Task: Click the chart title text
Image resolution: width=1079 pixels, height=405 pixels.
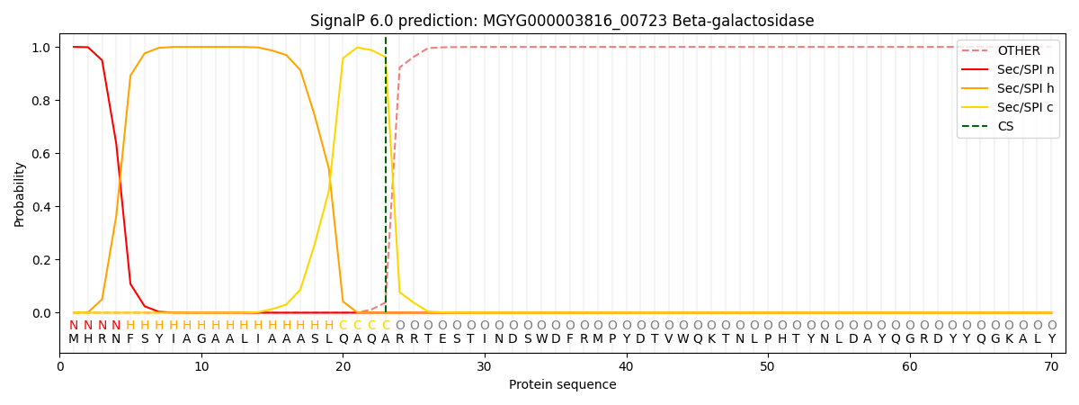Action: click(562, 21)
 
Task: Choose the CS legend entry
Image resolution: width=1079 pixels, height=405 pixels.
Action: click(1005, 126)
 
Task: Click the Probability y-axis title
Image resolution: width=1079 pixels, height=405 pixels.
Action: click(20, 193)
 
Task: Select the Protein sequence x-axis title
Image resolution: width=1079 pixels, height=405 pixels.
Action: click(562, 385)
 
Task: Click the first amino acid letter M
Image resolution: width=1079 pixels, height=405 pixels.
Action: click(74, 339)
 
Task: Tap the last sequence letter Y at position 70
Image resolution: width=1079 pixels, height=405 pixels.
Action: click(1051, 339)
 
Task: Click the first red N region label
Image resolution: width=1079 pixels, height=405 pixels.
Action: click(74, 325)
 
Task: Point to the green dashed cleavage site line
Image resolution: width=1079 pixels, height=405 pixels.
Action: click(386, 180)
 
